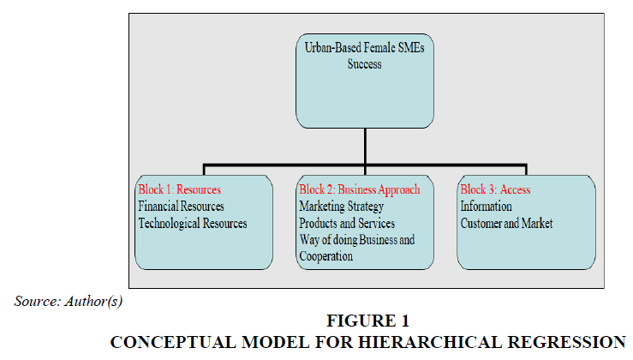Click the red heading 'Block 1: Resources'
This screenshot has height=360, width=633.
(x=180, y=189)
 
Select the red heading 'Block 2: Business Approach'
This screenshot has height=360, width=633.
(x=360, y=190)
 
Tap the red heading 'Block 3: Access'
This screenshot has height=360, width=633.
(x=495, y=189)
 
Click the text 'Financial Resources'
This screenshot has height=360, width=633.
(x=181, y=206)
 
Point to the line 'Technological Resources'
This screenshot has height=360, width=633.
(x=193, y=223)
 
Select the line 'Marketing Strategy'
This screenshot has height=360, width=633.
(x=342, y=207)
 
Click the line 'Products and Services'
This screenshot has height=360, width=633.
(x=347, y=223)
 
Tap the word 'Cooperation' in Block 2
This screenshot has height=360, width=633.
(x=325, y=256)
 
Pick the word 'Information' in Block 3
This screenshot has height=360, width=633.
(x=486, y=206)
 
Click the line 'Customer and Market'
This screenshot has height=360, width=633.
(x=506, y=223)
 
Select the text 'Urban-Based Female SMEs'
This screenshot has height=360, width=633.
(x=365, y=48)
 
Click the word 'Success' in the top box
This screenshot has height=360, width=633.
(x=365, y=64)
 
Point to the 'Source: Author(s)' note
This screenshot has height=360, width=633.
(x=69, y=302)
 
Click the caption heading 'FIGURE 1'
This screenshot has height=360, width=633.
(x=368, y=321)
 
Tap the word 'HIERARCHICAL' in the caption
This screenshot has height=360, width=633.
(x=430, y=342)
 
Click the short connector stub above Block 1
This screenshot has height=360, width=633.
(x=204, y=170)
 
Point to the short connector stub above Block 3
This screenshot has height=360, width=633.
(x=526, y=170)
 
